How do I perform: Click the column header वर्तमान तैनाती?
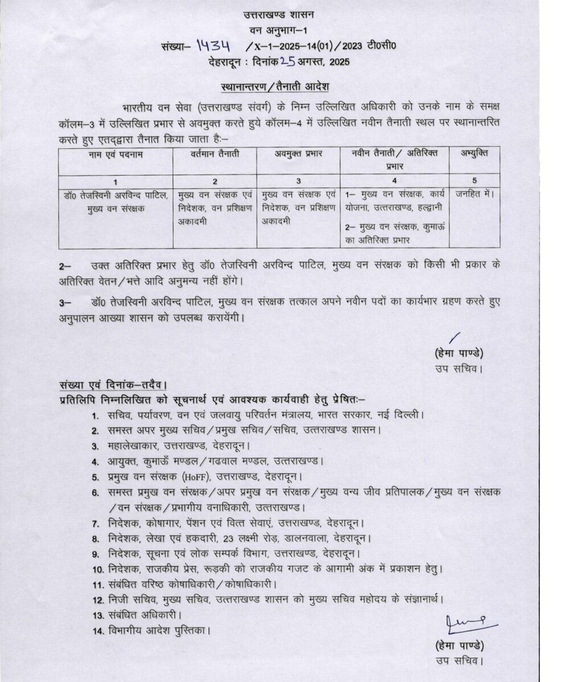(x=215, y=154)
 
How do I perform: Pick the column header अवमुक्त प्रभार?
(x=298, y=154)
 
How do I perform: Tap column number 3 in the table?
(x=298, y=181)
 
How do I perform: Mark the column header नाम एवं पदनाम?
(x=116, y=154)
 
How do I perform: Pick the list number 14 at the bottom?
(x=96, y=631)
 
